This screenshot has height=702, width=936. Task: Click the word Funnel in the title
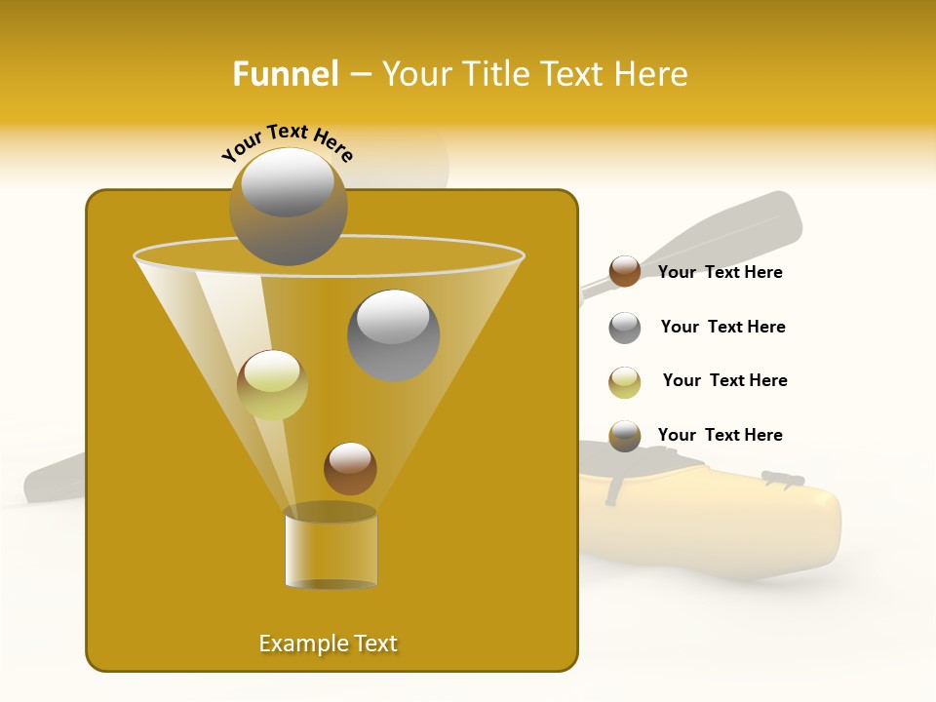285,74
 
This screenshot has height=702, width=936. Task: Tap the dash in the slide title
360,75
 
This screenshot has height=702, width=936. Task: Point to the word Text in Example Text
373,643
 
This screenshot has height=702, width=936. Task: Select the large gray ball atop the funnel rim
288,207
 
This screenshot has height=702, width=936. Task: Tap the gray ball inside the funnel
394,335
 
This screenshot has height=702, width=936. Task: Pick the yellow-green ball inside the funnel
272,385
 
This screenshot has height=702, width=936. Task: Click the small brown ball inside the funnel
350,468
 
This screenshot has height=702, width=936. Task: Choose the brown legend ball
625,272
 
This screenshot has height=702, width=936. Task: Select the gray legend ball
625,328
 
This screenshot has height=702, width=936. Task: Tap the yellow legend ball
625,382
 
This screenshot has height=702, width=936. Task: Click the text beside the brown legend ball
720,272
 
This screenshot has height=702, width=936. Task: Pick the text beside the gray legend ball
722,327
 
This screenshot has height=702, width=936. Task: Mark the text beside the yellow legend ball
724,380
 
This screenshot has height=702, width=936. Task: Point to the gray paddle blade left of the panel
54,478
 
